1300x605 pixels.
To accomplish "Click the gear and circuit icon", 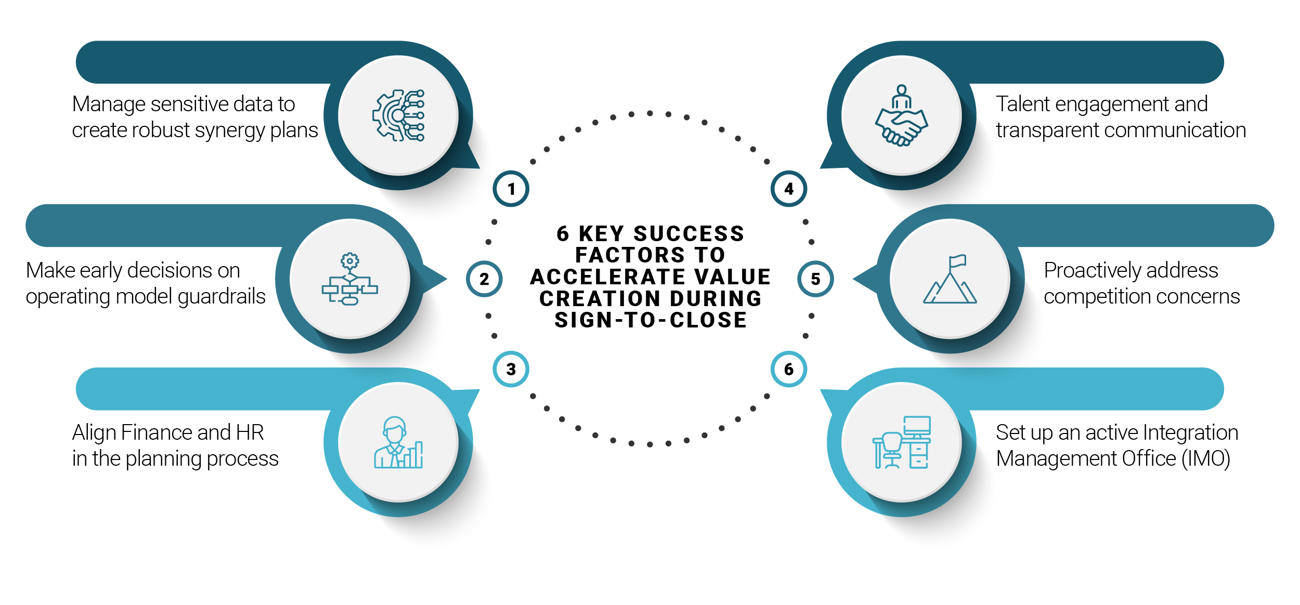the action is [x=398, y=115].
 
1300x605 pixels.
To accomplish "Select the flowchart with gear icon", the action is [x=350, y=279].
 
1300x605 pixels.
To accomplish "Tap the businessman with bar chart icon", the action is [x=398, y=442].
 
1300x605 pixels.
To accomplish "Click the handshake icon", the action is [x=902, y=115].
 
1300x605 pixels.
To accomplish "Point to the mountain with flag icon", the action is [x=950, y=279].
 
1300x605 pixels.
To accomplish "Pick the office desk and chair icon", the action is [x=902, y=442].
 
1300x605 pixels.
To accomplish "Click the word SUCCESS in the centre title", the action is [x=689, y=234].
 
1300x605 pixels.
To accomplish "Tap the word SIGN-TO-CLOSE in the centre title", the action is [x=651, y=320].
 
